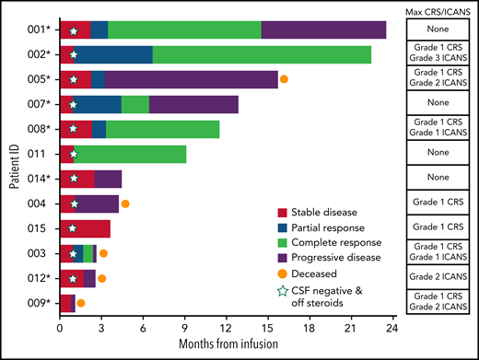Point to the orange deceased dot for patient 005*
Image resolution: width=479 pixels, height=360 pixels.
[284, 79]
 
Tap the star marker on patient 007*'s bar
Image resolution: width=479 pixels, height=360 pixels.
[73, 104]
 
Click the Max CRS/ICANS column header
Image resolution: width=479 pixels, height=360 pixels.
[438, 9]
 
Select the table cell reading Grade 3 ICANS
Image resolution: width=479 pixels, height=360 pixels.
[438, 61]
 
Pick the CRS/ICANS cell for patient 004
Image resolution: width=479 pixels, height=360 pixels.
[438, 203]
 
